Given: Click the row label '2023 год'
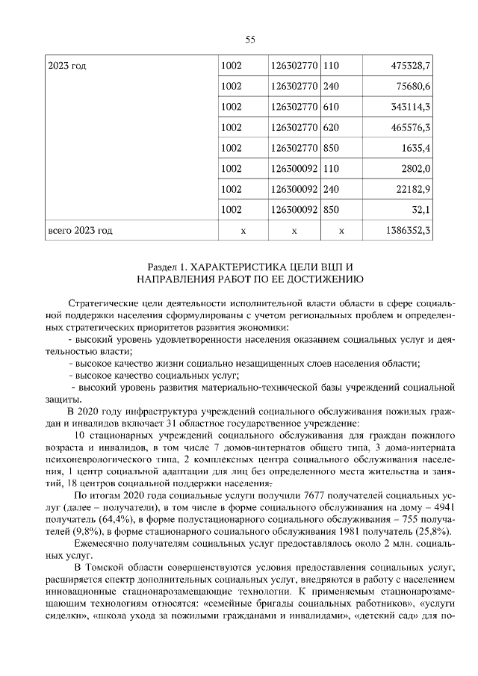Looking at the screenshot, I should point(67,66).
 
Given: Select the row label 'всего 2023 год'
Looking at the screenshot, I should point(80,231).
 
